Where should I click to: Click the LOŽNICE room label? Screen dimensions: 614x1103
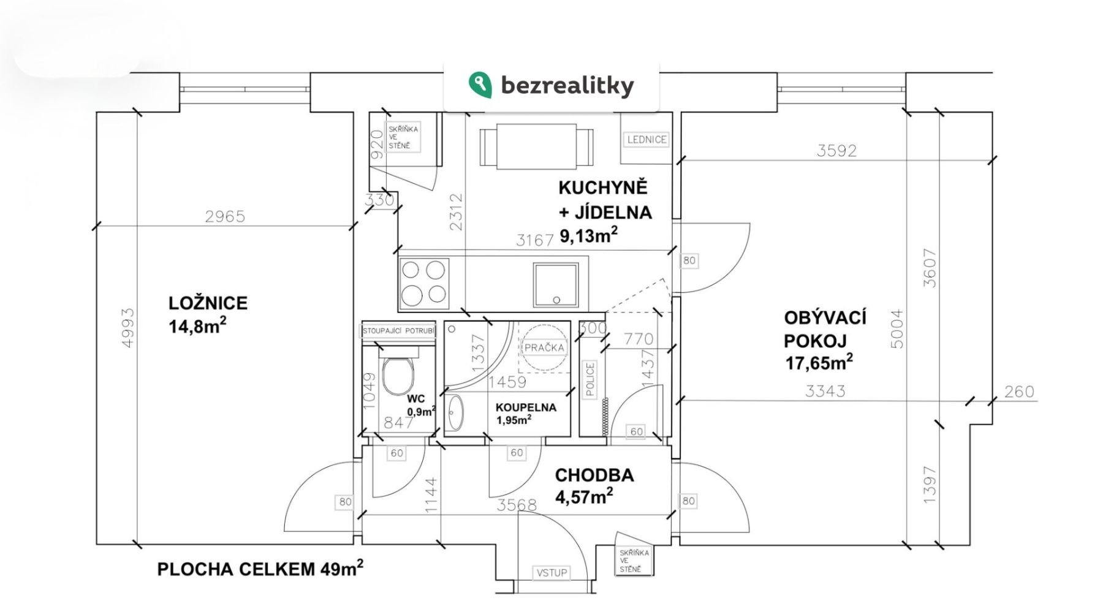pos(208,303)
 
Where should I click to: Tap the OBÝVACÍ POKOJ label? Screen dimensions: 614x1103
pos(825,329)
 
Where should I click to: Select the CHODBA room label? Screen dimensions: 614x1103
pos(594,476)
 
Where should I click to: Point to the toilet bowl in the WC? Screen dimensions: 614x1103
pos(398,375)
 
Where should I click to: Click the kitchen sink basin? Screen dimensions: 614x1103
pos(556,284)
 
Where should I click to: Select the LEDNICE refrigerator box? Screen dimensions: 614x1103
pos(646,140)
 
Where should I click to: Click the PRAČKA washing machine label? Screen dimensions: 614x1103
pos(544,347)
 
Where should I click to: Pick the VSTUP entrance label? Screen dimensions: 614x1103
pos(551,573)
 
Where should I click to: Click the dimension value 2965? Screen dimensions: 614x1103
pos(225,216)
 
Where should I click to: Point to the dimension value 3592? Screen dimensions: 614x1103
pos(836,151)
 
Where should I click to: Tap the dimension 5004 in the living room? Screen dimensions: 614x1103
pos(897,329)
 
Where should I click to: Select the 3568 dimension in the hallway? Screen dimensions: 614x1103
pos(517,506)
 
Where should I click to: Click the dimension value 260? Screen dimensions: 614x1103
pos(1018,392)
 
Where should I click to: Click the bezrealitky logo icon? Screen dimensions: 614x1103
pos(480,85)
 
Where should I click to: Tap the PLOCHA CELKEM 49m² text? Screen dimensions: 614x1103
pos(260,569)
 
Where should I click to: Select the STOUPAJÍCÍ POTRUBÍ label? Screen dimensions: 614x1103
pos(398,332)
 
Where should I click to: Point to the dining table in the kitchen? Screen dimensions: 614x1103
pos(536,146)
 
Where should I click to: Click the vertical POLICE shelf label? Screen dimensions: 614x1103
pos(590,379)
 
